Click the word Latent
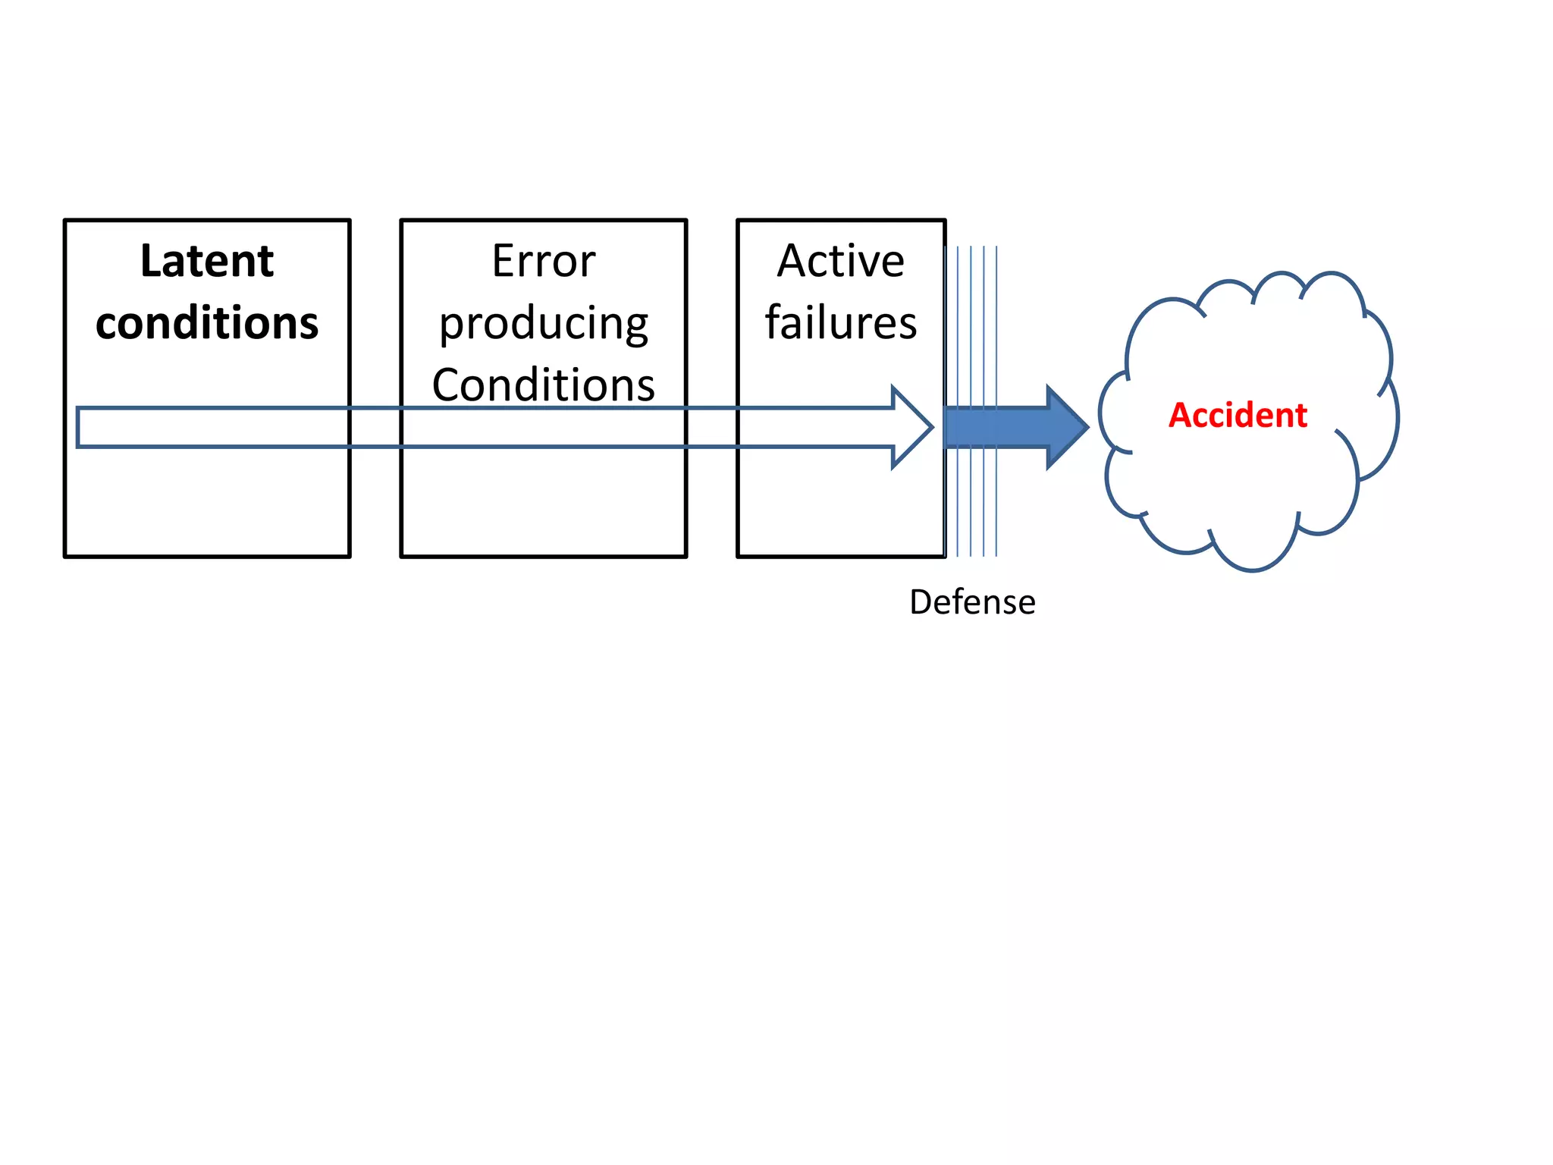pyautogui.click(x=206, y=261)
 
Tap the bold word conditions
pyautogui.click(x=206, y=323)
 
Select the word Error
pyautogui.click(x=543, y=261)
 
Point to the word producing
pyautogui.click(x=543, y=325)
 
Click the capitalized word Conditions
pyautogui.click(x=543, y=385)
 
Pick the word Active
pyautogui.click(x=840, y=261)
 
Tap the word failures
pyautogui.click(x=840, y=323)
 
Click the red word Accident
pyautogui.click(x=1238, y=416)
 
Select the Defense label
pyautogui.click(x=972, y=602)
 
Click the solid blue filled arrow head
pyautogui.click(x=1066, y=428)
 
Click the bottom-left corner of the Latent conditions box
pyautogui.click(x=66, y=556)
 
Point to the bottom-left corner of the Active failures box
pyautogui.click(x=739, y=556)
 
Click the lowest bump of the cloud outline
pyautogui.click(x=1253, y=569)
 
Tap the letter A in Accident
pyautogui.click(x=1179, y=416)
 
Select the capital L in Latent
pyautogui.click(x=150, y=261)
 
